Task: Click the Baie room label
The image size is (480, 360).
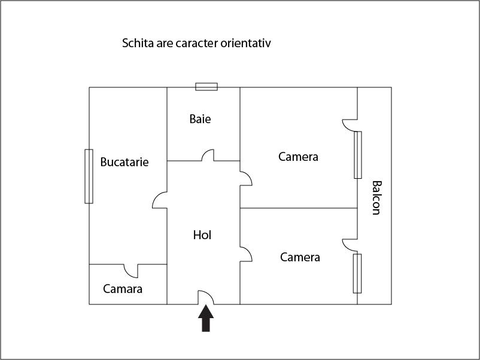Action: pyautogui.click(x=200, y=119)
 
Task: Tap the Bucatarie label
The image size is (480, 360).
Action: pyautogui.click(x=124, y=162)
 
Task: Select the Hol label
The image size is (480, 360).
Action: pyautogui.click(x=202, y=235)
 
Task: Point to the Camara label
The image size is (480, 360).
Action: pyautogui.click(x=123, y=289)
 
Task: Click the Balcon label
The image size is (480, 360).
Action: pyautogui.click(x=376, y=197)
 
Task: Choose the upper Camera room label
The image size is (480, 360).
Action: pyautogui.click(x=298, y=157)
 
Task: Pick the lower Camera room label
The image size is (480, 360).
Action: pyautogui.click(x=300, y=257)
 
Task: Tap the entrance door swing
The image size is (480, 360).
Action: pyautogui.click(x=206, y=297)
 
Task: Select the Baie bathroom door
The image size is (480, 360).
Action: pyautogui.click(x=208, y=155)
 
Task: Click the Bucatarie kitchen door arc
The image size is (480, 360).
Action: pyautogui.click(x=160, y=200)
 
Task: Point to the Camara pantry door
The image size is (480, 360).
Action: pyautogui.click(x=131, y=270)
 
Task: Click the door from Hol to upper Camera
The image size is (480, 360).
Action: pyautogui.click(x=245, y=178)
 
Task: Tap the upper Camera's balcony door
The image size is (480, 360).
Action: pyautogui.click(x=350, y=125)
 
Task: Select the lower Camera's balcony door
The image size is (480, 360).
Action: pyautogui.click(x=350, y=245)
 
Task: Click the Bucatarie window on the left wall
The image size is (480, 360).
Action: pyautogui.click(x=89, y=176)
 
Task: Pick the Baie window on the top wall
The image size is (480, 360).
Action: pyautogui.click(x=206, y=87)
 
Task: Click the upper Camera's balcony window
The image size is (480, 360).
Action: pyautogui.click(x=358, y=155)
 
